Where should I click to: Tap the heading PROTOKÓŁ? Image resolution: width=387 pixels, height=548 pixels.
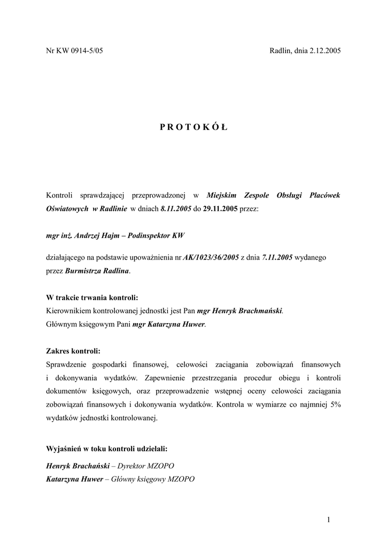[193, 127]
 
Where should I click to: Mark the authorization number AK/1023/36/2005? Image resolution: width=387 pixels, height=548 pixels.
[211, 258]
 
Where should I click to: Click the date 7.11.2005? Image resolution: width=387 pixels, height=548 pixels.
[277, 258]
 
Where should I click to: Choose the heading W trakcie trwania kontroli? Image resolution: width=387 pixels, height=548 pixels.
[92, 298]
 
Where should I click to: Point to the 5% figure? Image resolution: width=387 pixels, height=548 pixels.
[335, 405]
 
